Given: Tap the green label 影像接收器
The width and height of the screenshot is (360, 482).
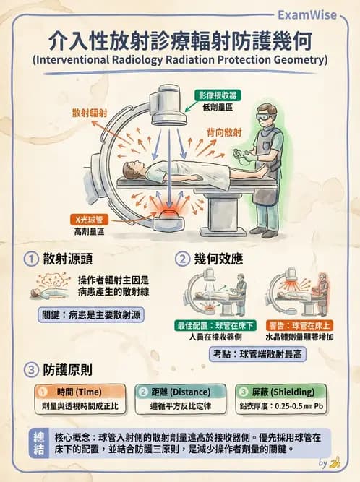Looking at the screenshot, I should click(x=218, y=95).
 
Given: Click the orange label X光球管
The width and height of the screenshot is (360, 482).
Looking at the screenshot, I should click(x=89, y=219).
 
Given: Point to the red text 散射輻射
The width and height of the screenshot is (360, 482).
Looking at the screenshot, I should click(x=90, y=114).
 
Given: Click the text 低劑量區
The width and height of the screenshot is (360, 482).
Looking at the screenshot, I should click(x=218, y=107).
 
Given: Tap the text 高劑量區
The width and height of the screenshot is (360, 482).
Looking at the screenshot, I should click(x=89, y=231).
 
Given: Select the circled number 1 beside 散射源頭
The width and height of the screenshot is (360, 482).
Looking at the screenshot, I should click(x=31, y=259).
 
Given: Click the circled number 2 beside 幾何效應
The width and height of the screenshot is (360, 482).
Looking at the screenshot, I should click(x=184, y=259).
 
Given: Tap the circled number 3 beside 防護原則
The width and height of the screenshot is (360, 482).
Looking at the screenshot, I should click(x=31, y=369).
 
